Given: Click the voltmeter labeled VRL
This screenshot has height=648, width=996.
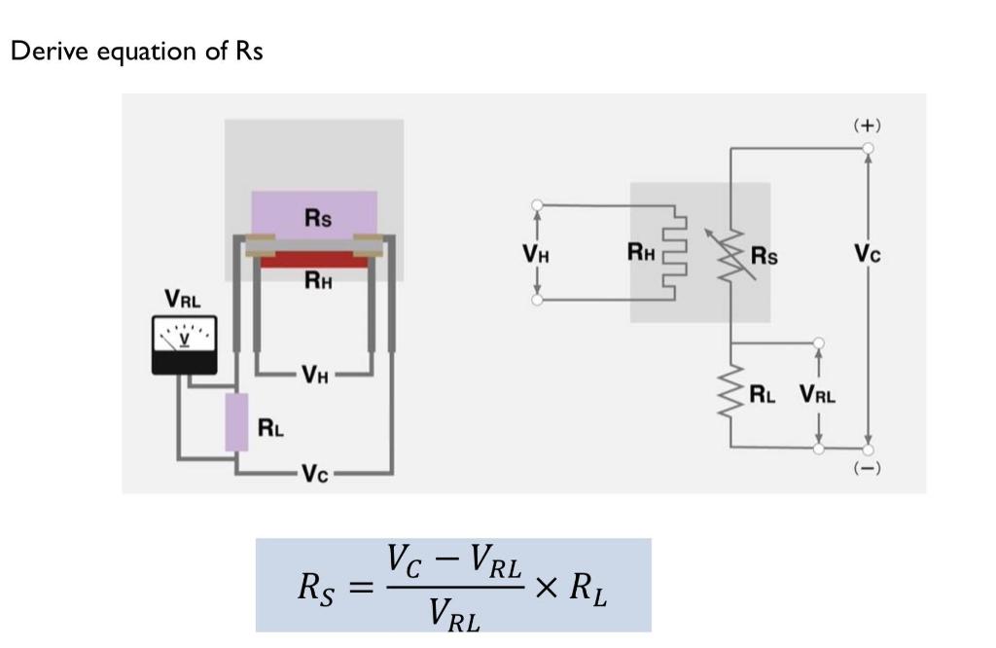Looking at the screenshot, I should point(184,344).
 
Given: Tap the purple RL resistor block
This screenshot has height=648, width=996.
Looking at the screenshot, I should point(236,422).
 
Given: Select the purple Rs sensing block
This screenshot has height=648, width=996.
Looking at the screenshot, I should point(314,215).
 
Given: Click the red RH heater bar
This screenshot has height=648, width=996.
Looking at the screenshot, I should point(313,260).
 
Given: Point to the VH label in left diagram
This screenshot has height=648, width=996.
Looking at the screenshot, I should point(314,373).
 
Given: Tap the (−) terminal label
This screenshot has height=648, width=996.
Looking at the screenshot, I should point(867,469).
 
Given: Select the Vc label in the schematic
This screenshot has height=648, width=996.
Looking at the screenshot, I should point(868,255).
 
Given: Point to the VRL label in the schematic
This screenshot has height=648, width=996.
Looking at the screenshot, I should point(818,394).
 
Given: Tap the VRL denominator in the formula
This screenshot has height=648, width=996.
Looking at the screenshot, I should point(453,614).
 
